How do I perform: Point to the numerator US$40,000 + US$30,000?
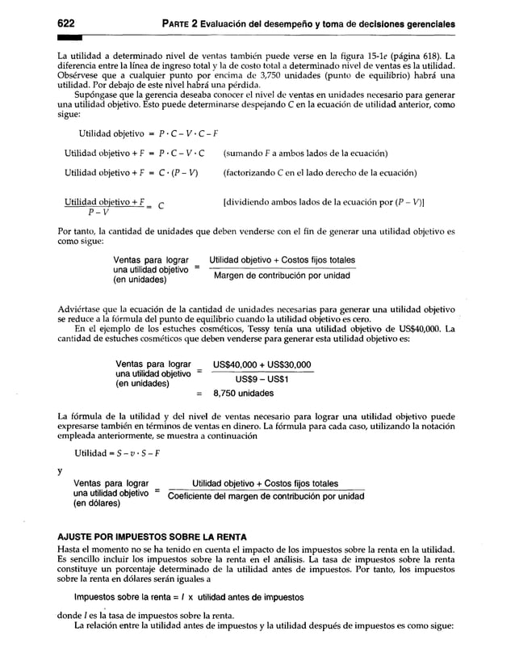pos(262,365)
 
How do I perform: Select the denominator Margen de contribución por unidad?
pos(282,276)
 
